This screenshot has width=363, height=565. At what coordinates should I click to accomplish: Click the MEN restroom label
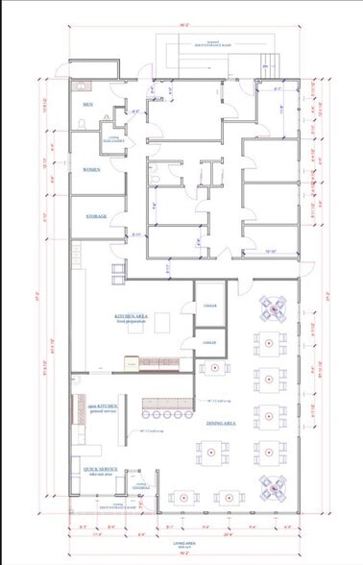tap(87, 104)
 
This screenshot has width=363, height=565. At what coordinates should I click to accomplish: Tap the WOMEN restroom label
tap(90, 169)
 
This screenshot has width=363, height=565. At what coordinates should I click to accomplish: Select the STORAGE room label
tap(95, 217)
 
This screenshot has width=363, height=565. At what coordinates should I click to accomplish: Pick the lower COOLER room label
tap(208, 342)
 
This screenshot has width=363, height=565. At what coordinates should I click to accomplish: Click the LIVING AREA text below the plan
tap(183, 543)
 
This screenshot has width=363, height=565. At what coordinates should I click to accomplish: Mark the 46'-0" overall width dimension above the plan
tap(181, 23)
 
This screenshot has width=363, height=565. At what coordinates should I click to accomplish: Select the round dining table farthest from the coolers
tap(274, 489)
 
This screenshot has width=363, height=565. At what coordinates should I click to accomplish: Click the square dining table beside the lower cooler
tap(210, 368)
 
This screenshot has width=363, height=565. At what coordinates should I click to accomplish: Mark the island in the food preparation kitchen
tap(160, 320)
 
